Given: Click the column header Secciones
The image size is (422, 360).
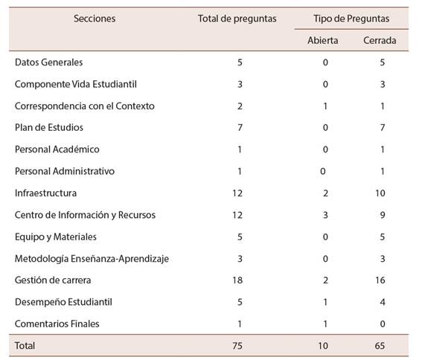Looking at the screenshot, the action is pos(95,19).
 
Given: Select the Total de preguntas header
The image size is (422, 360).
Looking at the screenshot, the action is pos(237,19).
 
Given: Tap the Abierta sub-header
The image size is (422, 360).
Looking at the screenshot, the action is pos(323,40).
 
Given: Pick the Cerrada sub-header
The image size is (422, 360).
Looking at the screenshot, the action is pos(380,40).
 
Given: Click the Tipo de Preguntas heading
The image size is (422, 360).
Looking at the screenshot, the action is pos(351,19).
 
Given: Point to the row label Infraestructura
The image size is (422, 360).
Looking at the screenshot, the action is pos(45,193).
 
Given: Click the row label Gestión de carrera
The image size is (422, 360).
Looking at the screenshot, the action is pos(53,280).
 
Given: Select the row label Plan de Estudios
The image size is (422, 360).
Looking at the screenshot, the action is pos(49,127).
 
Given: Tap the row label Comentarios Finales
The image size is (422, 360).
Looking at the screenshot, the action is pos(57,324).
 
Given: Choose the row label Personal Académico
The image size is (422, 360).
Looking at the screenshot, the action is pos(57,150).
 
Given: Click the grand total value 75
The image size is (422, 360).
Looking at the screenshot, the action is pos(237,346).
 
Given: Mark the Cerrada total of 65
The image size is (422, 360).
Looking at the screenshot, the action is pos(380,346).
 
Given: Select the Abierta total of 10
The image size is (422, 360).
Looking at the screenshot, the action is pos(323,346).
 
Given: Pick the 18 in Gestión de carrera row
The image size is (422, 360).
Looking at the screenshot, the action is pos(237,280).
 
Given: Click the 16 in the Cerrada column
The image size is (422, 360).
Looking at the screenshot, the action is pos(380,280).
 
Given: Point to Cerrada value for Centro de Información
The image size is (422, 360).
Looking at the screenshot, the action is pos(383,215).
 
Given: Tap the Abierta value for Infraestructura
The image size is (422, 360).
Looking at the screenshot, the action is pos(325,193).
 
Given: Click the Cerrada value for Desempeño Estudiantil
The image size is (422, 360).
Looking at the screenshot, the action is pos(383,302).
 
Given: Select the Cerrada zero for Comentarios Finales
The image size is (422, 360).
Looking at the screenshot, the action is pos(383,324).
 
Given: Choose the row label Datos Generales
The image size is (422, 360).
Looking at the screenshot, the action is pos(48,62).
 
